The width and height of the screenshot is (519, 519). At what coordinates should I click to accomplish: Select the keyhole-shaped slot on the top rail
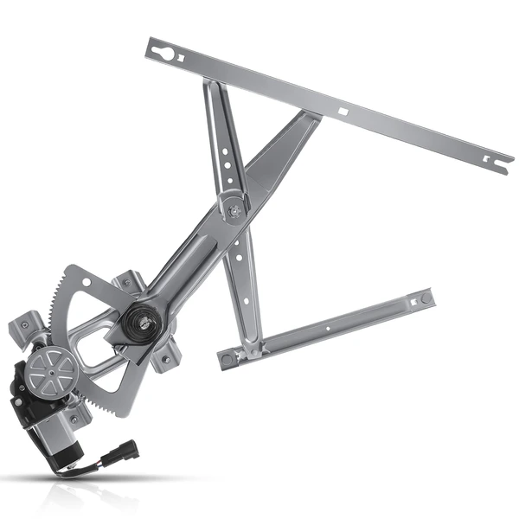[x=163, y=53]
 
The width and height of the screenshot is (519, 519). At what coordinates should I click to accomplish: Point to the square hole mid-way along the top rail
[x=343, y=111]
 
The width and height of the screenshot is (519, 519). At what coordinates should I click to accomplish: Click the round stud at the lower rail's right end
[x=425, y=299]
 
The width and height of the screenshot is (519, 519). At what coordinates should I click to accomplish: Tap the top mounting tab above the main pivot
[x=131, y=281]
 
